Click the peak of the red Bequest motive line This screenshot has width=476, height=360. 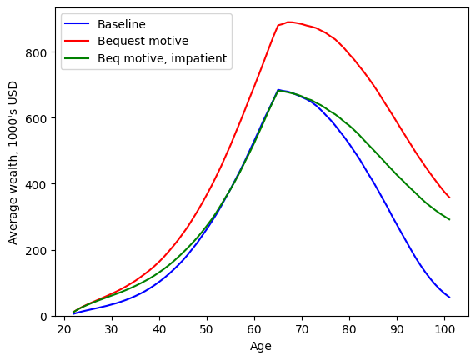[x=288, y=22]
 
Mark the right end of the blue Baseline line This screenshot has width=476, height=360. [x=450, y=297]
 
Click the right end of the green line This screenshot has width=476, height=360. [x=450, y=220]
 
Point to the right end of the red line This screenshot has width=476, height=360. [x=450, y=198]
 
